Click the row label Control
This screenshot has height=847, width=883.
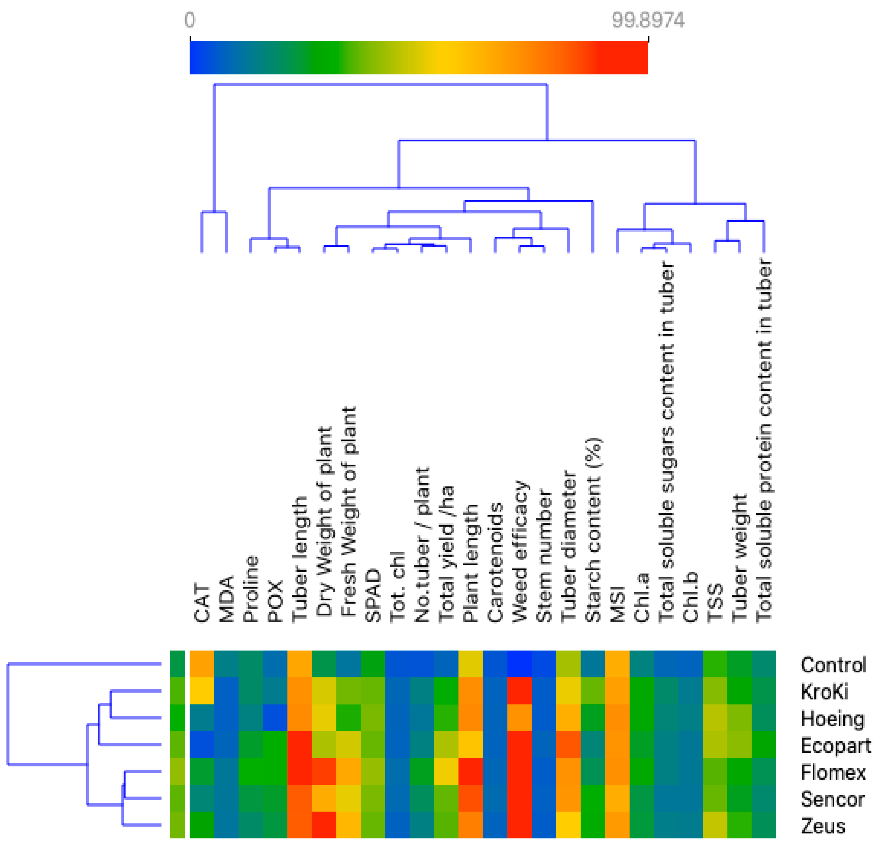[833, 665]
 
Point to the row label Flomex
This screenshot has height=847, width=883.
[833, 773]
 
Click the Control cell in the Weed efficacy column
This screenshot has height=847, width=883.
[519, 664]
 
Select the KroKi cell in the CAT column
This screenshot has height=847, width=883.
[202, 691]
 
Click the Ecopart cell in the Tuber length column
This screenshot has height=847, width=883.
[300, 744]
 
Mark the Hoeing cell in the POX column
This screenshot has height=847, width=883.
[275, 718]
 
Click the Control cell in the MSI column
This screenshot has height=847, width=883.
[617, 664]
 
